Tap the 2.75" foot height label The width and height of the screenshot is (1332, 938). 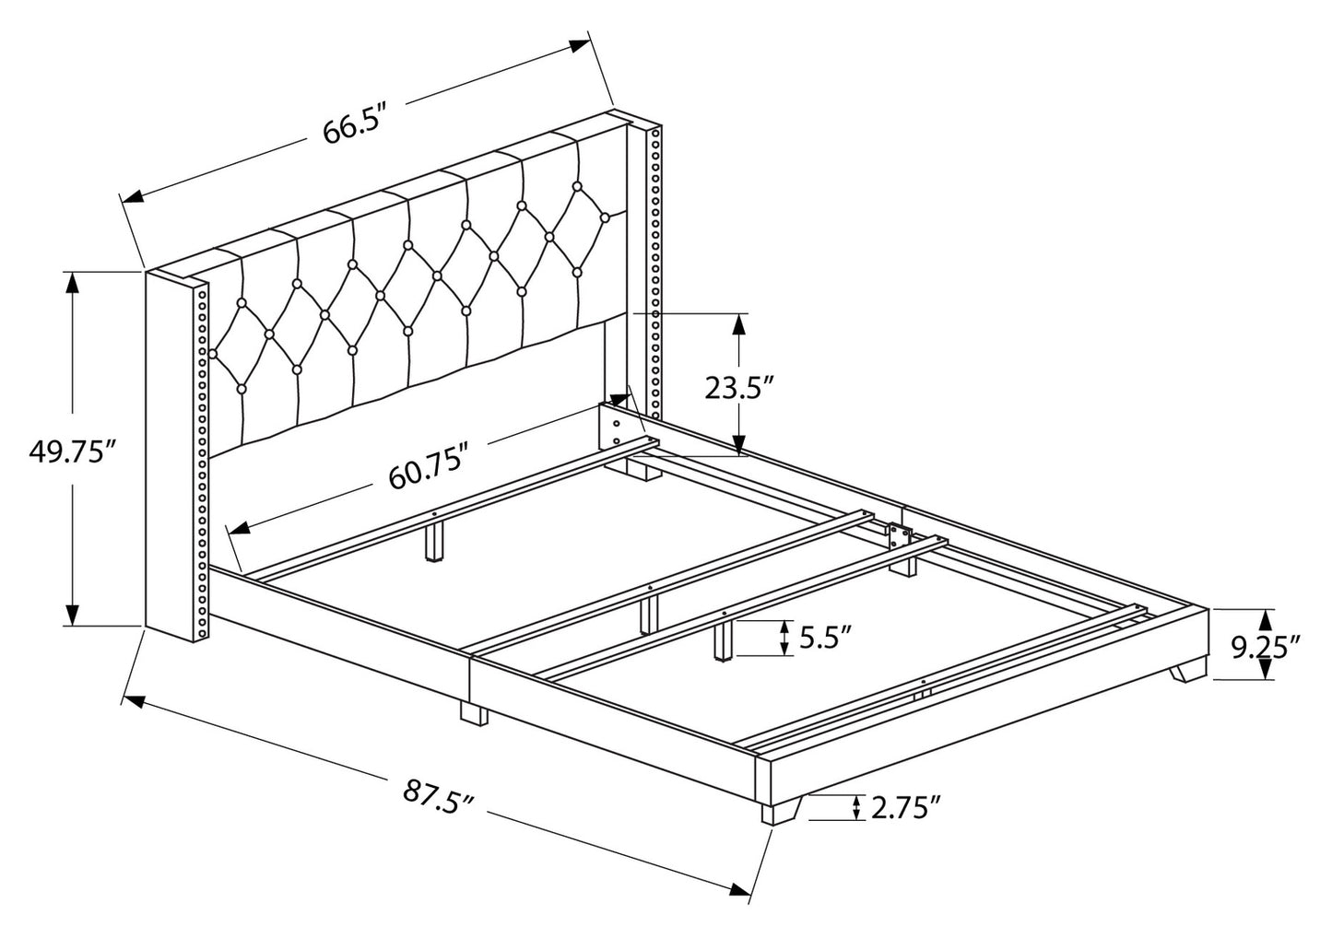coord(905,809)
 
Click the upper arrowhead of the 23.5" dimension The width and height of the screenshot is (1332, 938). coord(738,323)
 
